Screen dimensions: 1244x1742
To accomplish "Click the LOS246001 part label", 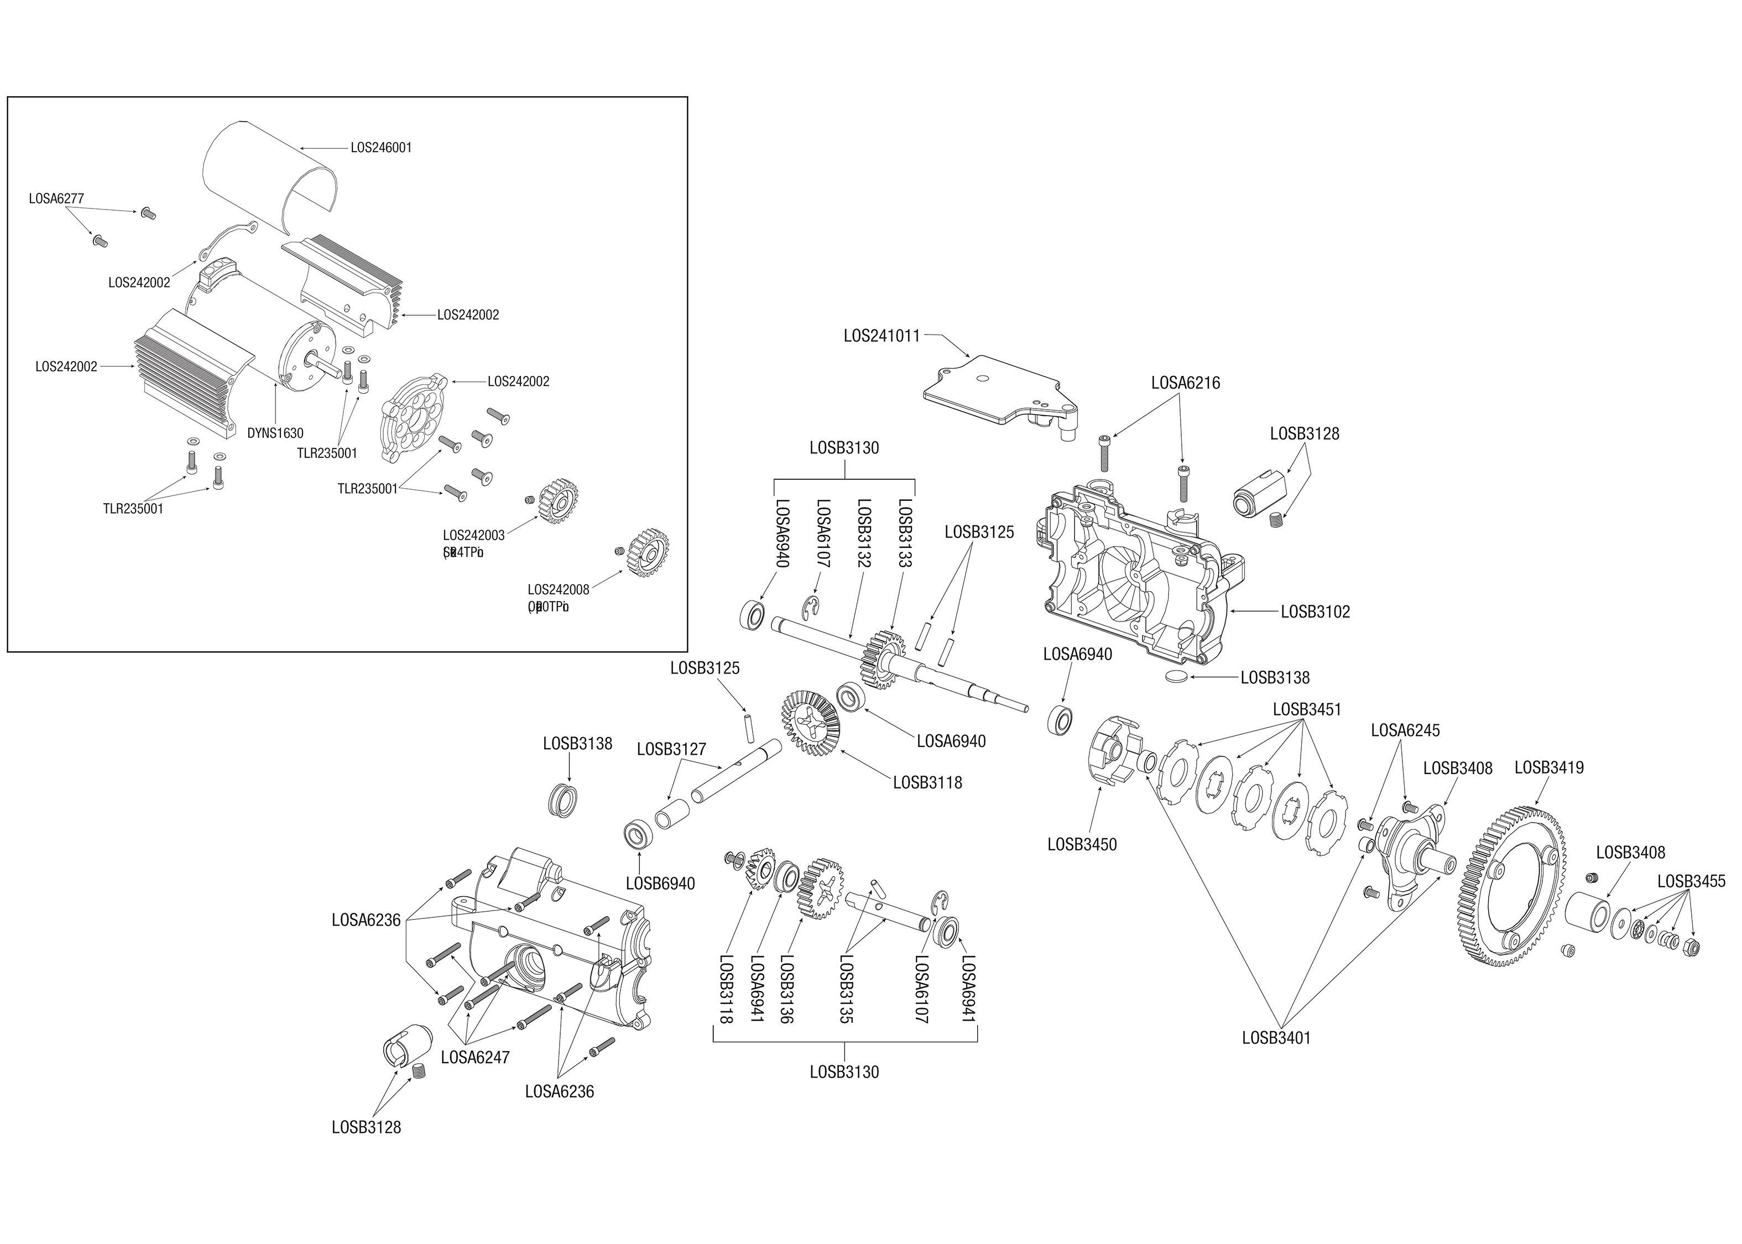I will click(x=380, y=148).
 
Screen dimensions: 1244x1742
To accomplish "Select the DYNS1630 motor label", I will click(x=275, y=433).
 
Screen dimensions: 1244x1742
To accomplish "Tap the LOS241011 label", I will click(x=881, y=336).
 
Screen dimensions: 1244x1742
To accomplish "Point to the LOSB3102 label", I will click(x=1315, y=611).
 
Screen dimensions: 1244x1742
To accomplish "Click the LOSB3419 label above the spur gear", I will click(x=1549, y=767).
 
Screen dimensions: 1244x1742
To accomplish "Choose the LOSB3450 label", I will click(x=1082, y=844).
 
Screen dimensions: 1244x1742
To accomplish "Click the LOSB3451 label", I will click(x=1307, y=709).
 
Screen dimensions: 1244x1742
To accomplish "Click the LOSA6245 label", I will click(x=1405, y=730).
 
